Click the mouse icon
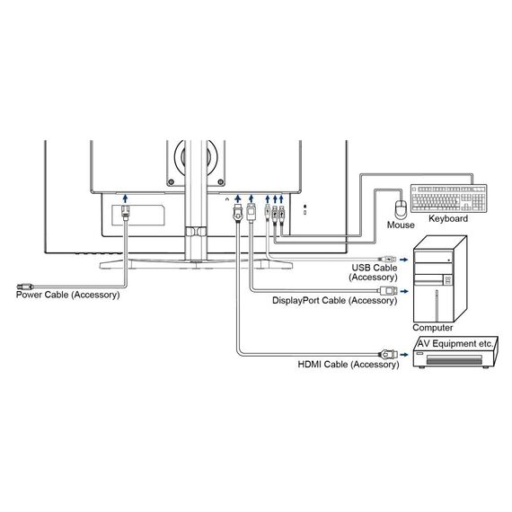[401, 209]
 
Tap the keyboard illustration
[448, 199]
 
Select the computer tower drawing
[440, 279]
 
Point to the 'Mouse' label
[401, 225]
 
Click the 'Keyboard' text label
[448, 218]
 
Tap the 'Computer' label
[432, 328]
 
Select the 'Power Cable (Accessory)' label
[68, 295]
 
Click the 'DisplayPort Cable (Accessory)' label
[335, 300]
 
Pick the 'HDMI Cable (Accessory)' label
[349, 365]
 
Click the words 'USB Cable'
[375, 268]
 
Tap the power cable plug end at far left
[25, 287]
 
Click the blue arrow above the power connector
[125, 198]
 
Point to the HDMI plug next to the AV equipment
[388, 354]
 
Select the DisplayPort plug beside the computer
[388, 291]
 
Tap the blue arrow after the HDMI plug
[404, 355]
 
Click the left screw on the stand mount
[170, 181]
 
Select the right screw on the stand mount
[221, 181]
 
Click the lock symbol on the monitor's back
[305, 207]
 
